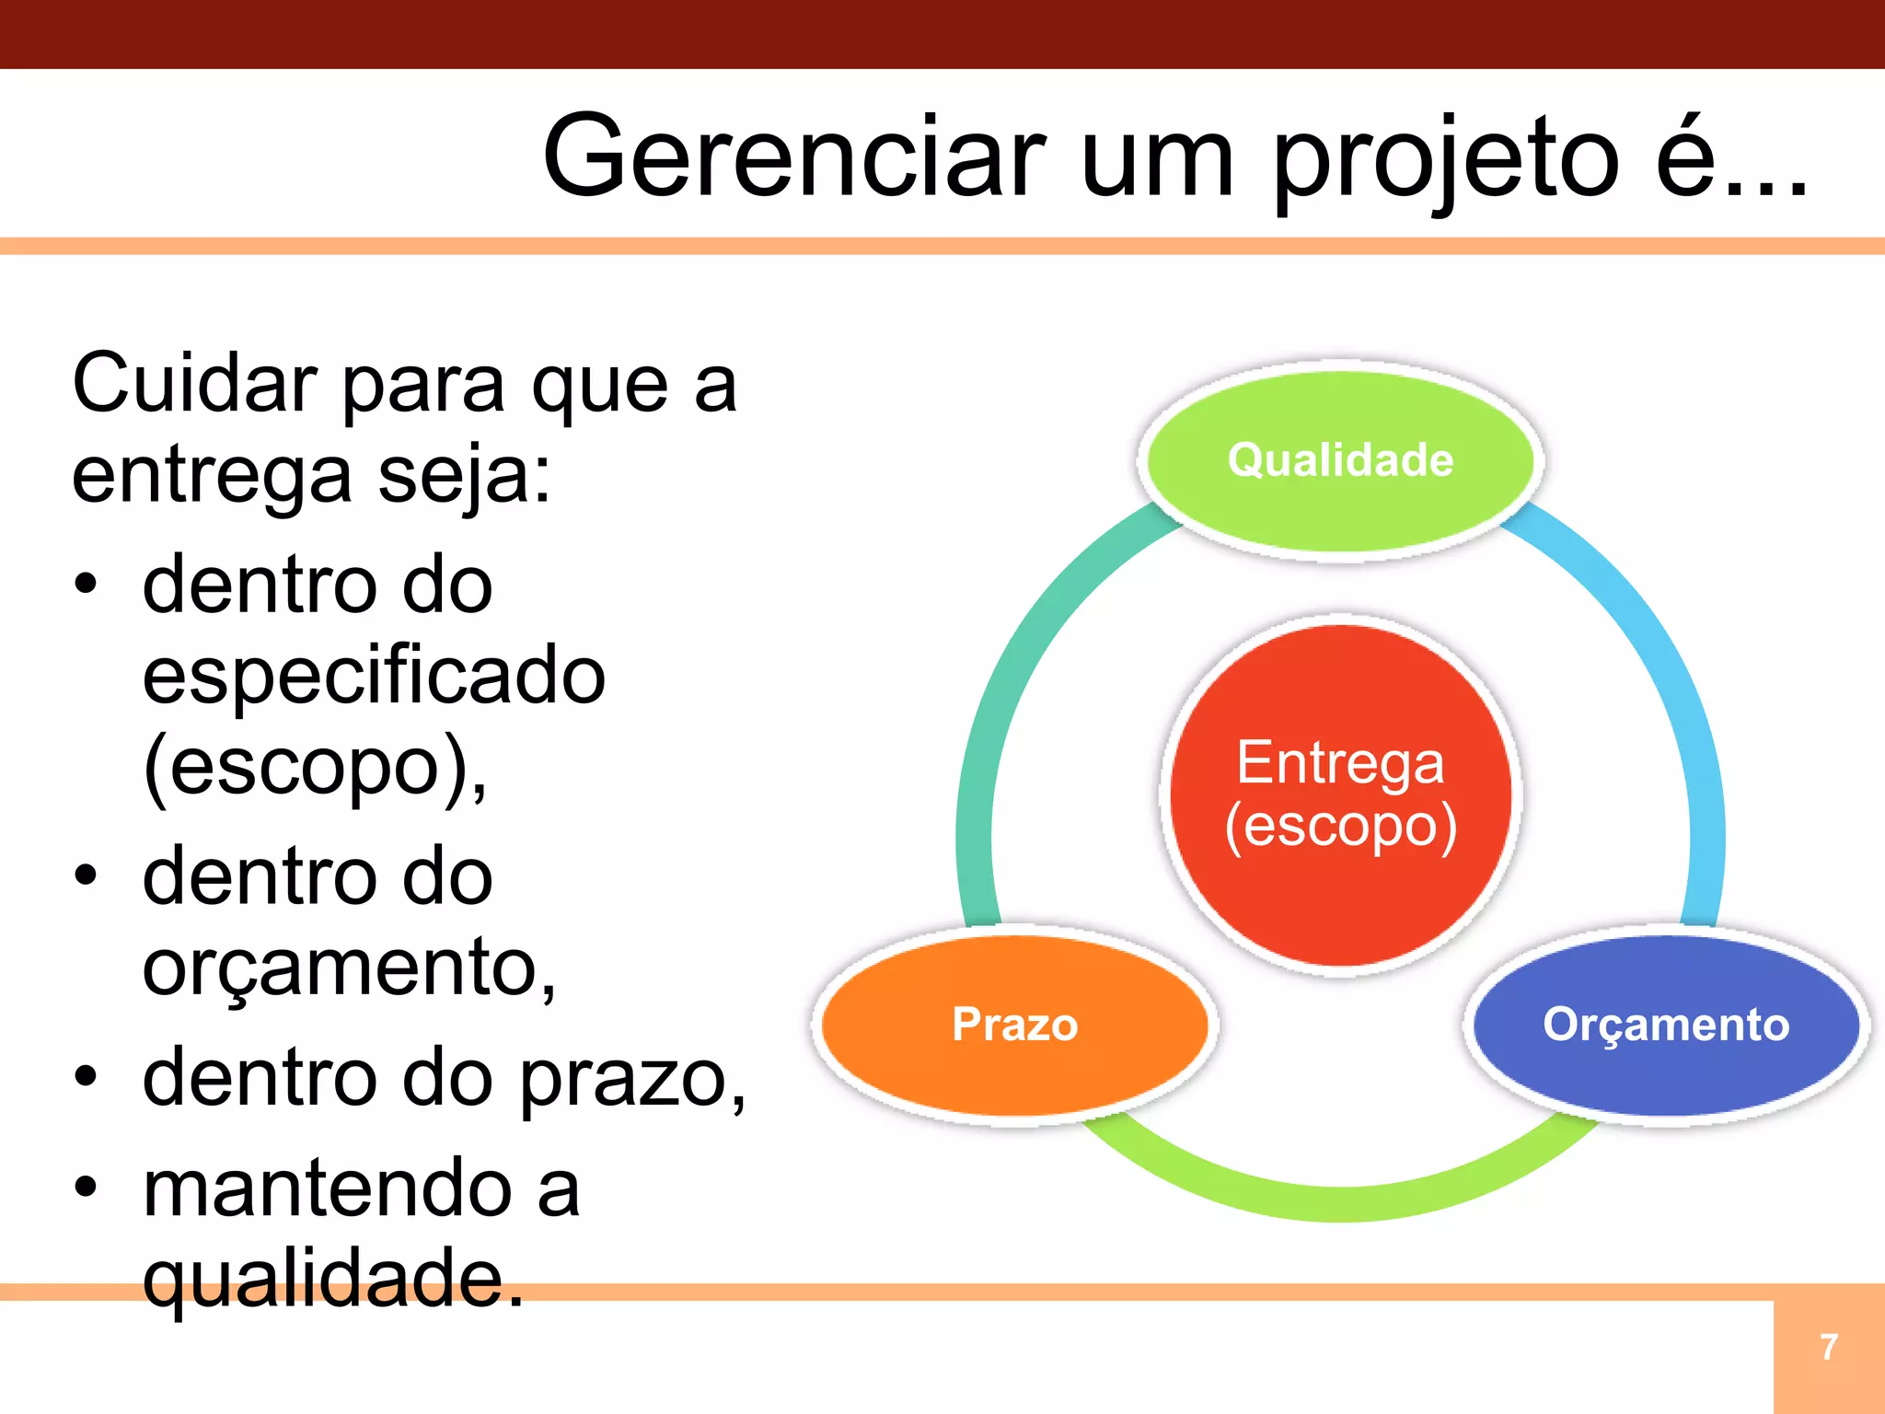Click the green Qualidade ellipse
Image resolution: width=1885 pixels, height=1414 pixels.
[1340, 460]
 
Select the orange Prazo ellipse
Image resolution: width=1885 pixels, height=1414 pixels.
[1014, 1024]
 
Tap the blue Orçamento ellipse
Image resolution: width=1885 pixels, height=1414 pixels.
[1666, 1024]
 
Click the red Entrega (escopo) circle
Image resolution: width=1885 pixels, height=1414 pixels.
[1340, 794]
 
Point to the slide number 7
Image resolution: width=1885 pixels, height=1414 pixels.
[1829, 1348]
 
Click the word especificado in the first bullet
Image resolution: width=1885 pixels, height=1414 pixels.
[374, 677]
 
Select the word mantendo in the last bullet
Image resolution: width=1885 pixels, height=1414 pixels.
[327, 1188]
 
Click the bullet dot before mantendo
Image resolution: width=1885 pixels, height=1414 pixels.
[86, 1188]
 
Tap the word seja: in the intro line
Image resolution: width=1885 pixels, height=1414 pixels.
[464, 475]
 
